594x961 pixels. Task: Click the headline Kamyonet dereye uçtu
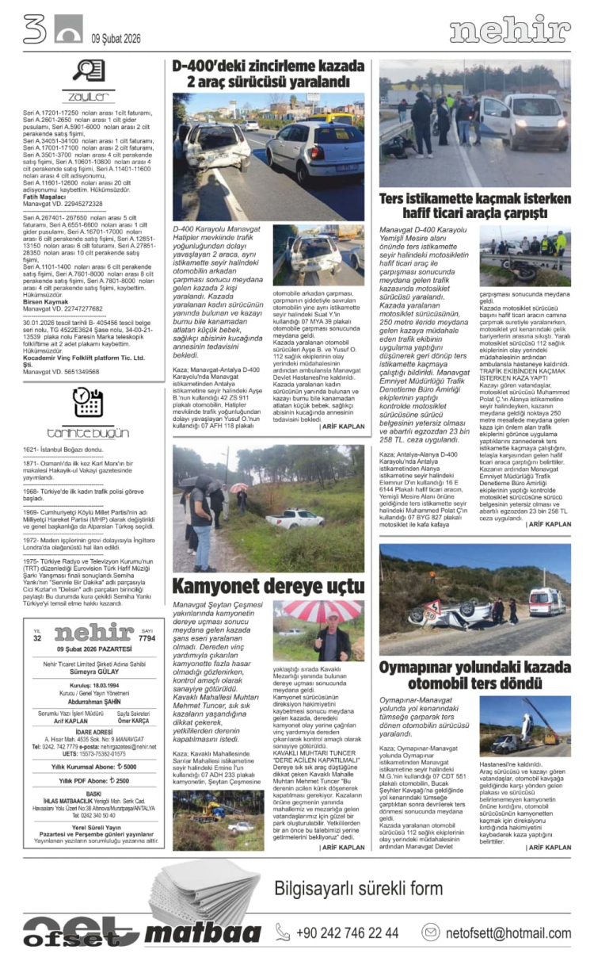(x=268, y=588)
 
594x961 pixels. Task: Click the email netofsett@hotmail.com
(x=507, y=932)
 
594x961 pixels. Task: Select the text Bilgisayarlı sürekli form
(x=359, y=887)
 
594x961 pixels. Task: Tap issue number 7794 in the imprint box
(x=147, y=638)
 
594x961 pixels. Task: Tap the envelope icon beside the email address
(x=431, y=932)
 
